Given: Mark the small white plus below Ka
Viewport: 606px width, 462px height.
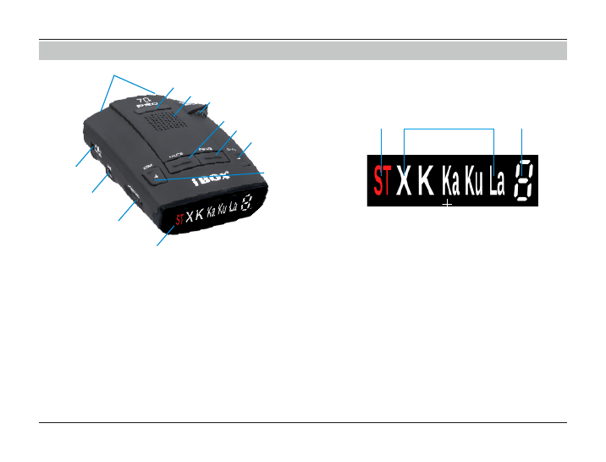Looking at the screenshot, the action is pyautogui.click(x=448, y=204).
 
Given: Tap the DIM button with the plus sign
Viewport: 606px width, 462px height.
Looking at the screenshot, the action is pyautogui.click(x=156, y=176).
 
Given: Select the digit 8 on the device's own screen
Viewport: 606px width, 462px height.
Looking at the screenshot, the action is pyautogui.click(x=246, y=202).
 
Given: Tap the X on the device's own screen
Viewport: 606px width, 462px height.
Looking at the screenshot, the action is pyautogui.click(x=190, y=217).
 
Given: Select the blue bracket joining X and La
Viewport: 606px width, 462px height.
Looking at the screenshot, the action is pyautogui.click(x=449, y=129).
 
